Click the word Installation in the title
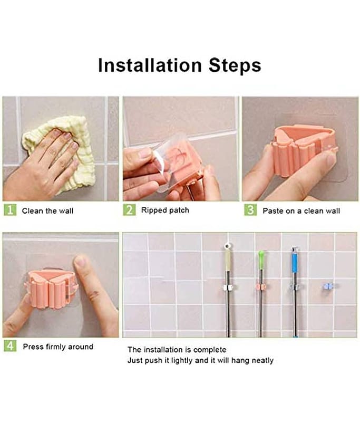[x=150, y=65]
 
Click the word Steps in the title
[x=235, y=65]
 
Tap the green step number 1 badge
[x=10, y=210]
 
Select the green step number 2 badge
[x=129, y=210]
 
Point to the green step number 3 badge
[x=250, y=210]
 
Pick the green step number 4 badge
[x=10, y=346]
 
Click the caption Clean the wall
[x=47, y=210]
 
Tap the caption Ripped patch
[x=165, y=210]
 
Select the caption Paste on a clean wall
[x=301, y=210]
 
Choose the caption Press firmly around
[x=58, y=347]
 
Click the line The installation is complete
[x=177, y=350]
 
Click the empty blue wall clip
[x=328, y=286]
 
